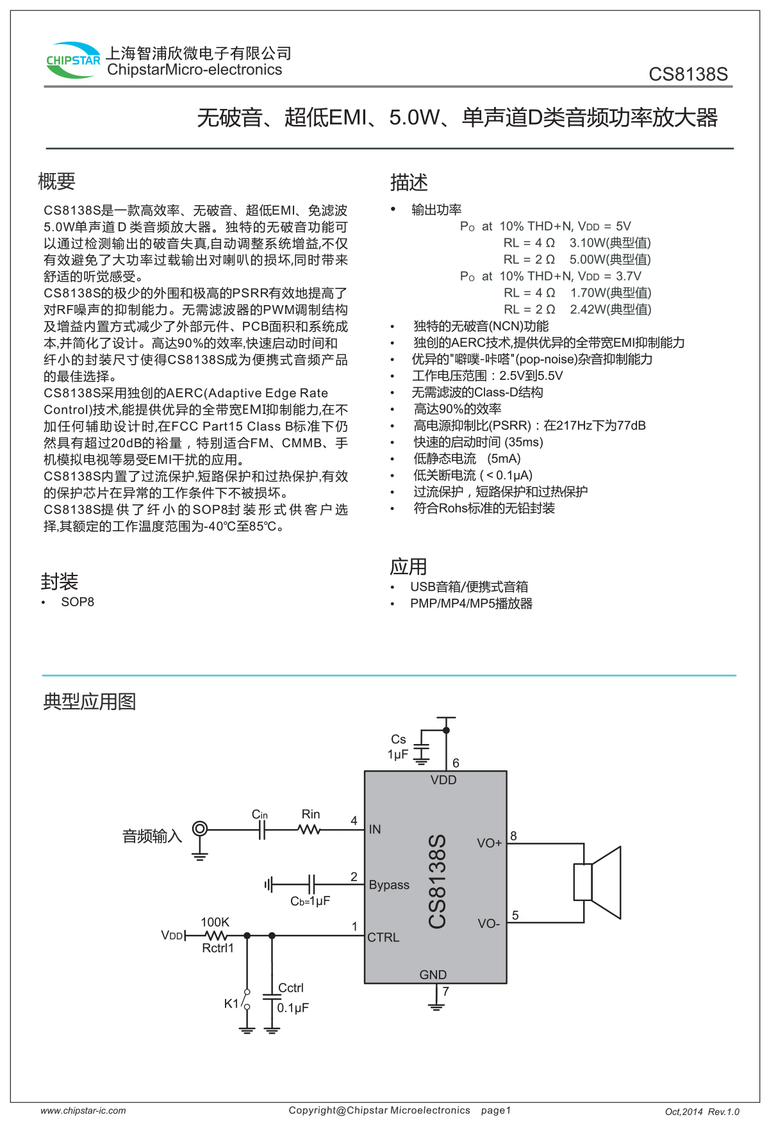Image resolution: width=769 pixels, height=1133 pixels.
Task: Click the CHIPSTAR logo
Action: tap(73, 61)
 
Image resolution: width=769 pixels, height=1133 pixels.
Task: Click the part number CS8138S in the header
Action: tap(688, 74)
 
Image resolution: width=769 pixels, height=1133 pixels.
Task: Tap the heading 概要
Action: tap(57, 182)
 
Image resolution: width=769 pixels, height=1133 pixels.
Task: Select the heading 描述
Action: tap(409, 183)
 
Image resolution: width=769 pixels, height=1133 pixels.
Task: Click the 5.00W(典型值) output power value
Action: tap(609, 260)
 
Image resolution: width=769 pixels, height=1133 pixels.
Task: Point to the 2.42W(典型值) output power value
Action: tap(610, 310)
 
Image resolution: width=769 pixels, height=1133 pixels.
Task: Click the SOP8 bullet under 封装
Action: tap(77, 602)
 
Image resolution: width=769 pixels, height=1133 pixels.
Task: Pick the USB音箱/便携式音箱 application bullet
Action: tap(469, 586)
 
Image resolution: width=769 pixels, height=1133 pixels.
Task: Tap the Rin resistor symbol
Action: tap(310, 829)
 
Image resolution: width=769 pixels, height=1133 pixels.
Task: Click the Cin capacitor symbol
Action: tap(261, 830)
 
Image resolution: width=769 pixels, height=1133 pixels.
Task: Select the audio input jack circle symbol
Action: tap(200, 829)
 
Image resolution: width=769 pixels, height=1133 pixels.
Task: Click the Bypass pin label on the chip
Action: tap(389, 885)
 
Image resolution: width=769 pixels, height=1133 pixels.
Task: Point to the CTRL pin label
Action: tap(383, 938)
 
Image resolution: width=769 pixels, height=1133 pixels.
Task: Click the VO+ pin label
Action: tap(489, 843)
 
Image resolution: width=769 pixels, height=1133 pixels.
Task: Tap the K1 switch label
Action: tap(231, 1004)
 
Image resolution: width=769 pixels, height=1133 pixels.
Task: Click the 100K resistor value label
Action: tap(215, 922)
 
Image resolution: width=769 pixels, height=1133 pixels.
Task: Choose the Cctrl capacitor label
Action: tap(291, 988)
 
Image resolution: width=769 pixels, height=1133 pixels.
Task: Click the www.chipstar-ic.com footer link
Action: tap(83, 1111)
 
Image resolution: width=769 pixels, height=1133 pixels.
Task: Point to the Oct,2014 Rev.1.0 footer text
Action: tap(702, 1112)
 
